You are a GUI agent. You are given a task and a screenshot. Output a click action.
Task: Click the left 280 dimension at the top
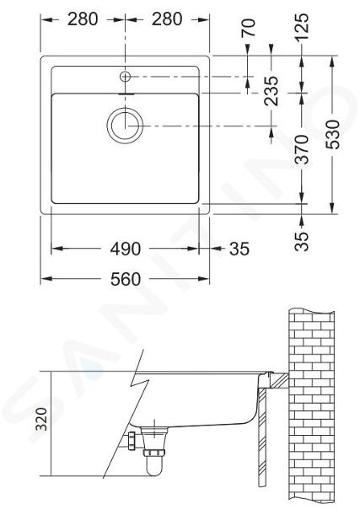coord(83,19)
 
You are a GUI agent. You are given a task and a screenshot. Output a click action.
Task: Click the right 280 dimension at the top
coord(167,19)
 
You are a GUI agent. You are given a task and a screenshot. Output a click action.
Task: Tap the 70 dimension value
coord(248,28)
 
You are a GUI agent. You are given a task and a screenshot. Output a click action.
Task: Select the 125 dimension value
coord(302,27)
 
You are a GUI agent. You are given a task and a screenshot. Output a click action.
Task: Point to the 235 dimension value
coord(271,90)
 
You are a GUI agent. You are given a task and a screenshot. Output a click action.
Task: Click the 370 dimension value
coord(302,149)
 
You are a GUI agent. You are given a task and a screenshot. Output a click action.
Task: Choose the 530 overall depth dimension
coord(332,134)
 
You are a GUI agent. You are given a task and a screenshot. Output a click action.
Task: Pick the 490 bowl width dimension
coord(126,249)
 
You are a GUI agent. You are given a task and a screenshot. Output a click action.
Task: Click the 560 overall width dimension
coord(126,279)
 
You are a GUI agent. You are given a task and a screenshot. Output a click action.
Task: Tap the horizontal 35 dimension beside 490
coord(239,249)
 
